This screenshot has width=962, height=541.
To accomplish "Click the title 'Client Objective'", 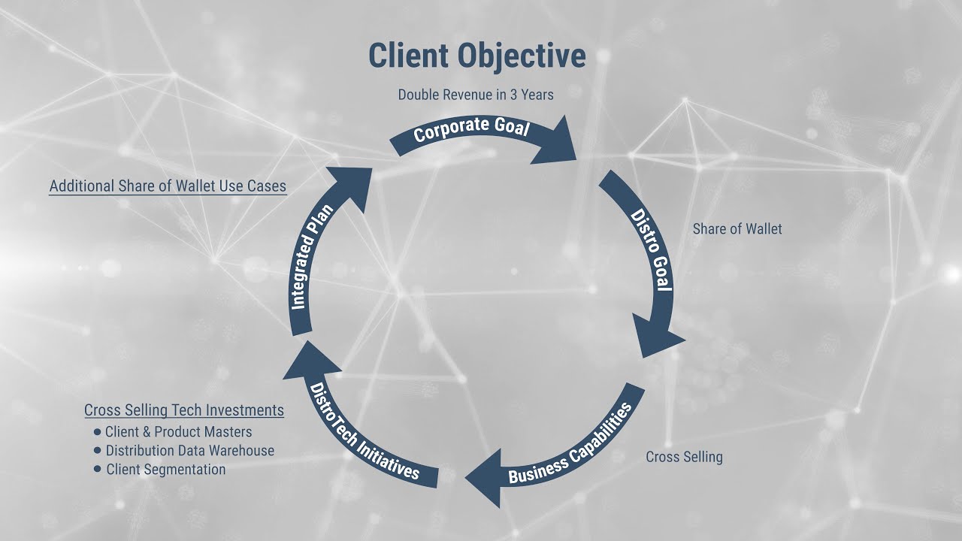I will pyautogui.click(x=476, y=56).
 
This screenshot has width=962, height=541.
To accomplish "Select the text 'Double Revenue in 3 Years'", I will pyautogui.click(x=476, y=95).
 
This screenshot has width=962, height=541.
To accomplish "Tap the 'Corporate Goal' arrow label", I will pyautogui.click(x=471, y=128).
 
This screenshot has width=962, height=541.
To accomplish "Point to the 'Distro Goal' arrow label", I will pyautogui.click(x=650, y=250).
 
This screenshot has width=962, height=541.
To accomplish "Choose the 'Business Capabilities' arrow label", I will pyautogui.click(x=570, y=446).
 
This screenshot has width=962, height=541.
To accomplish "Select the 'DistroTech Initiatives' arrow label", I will pyautogui.click(x=365, y=431).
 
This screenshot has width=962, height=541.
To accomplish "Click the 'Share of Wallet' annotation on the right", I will pyautogui.click(x=737, y=229).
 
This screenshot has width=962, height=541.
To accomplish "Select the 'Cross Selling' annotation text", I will pyautogui.click(x=684, y=457).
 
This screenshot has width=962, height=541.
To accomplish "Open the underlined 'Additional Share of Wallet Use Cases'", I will pyautogui.click(x=168, y=186).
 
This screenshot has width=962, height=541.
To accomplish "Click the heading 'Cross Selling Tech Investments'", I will pyautogui.click(x=184, y=410).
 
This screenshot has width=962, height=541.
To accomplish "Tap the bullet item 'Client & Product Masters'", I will pyautogui.click(x=178, y=432).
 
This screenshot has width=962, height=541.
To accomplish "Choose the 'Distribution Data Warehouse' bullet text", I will pyautogui.click(x=189, y=451).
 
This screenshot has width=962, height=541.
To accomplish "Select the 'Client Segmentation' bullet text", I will pyautogui.click(x=165, y=470).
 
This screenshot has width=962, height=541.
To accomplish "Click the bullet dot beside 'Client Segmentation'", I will pyautogui.click(x=97, y=469).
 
